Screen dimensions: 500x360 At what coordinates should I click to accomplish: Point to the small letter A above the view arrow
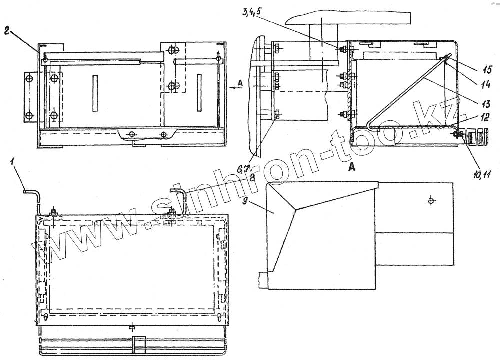tap(240, 83)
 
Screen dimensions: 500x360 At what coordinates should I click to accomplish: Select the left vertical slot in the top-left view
tap(95, 93)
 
